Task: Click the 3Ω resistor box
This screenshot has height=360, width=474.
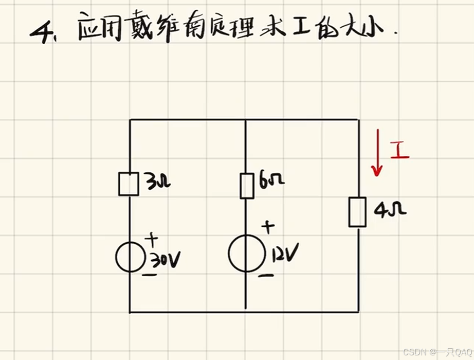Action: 129,184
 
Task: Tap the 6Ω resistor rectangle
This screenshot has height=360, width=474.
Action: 247,186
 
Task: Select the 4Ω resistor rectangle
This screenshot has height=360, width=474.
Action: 357,212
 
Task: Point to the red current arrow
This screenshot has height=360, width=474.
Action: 378,153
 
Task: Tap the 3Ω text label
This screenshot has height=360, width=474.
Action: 156,183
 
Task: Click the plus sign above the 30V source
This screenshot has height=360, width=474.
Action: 152,239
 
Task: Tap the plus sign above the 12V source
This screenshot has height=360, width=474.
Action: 268,226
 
